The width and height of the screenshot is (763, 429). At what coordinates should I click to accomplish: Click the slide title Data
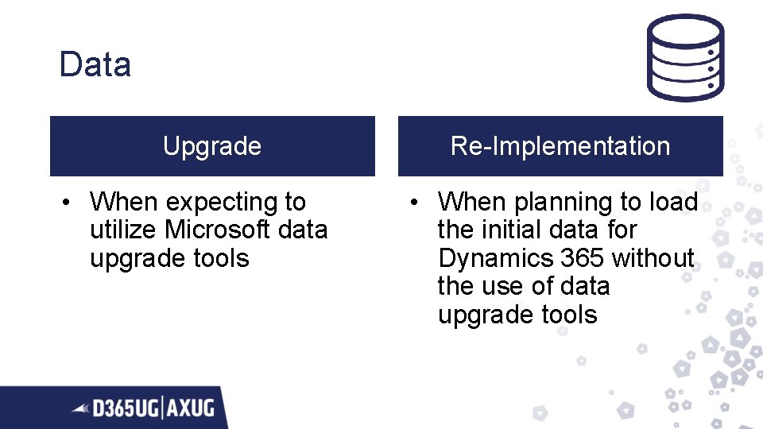(95, 64)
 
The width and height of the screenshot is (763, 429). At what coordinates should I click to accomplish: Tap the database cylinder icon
(684, 57)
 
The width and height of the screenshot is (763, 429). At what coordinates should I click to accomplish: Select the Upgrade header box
(212, 146)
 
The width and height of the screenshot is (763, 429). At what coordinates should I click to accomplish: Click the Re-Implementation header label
(560, 146)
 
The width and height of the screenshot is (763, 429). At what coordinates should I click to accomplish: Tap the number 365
(582, 258)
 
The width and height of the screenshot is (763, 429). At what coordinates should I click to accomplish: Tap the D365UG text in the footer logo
(125, 409)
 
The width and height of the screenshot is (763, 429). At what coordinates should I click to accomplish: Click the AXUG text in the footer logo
(191, 409)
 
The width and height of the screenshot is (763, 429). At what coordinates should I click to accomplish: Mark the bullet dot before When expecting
(70, 203)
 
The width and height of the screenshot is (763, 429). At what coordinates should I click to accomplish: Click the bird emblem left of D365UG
(81, 409)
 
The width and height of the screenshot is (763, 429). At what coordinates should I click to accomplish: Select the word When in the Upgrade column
(124, 203)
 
